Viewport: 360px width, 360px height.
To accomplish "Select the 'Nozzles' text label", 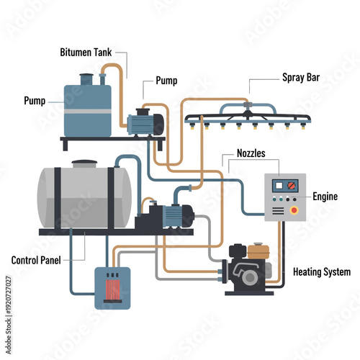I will pos(252,153).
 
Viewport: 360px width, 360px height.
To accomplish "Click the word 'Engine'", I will pos(325,196).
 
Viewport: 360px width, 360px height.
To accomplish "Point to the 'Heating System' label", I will pos(322,272).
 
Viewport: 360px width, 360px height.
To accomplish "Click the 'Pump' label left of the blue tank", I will pos(35,100).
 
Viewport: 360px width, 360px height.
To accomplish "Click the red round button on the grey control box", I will pos(293,210).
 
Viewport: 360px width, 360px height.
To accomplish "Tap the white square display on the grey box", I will pos(279,185).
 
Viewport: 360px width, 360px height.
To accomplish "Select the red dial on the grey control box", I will pos(292,185).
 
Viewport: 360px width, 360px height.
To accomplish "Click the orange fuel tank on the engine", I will pos(258,252).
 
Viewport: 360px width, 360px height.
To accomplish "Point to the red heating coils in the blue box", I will pos(112,289).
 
